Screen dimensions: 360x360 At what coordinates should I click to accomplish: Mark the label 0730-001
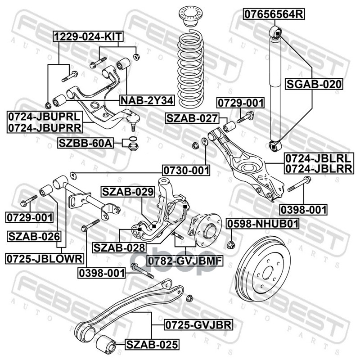click(186, 170)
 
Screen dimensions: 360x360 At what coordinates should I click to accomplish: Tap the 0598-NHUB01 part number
click(263, 224)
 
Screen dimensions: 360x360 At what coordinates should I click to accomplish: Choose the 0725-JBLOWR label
click(45, 258)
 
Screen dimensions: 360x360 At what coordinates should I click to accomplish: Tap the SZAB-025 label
click(152, 345)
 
